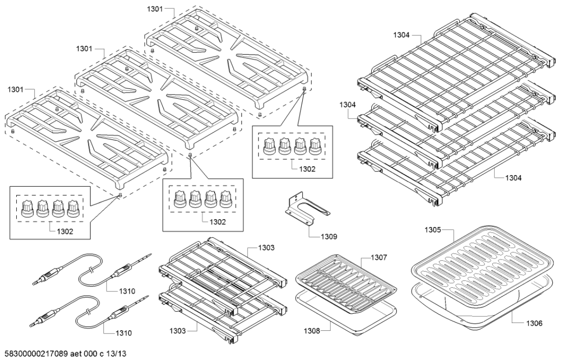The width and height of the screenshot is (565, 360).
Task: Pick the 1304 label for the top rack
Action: point(402,35)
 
